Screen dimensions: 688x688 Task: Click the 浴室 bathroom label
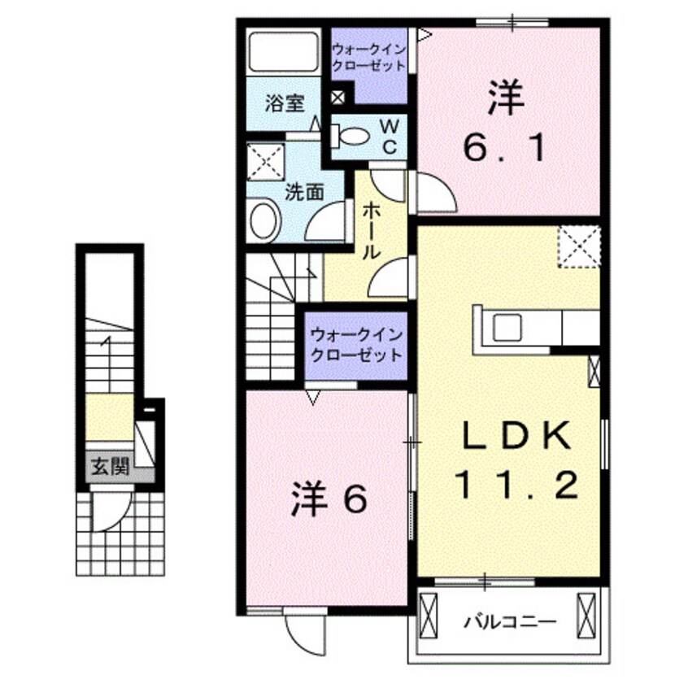coord(285,103)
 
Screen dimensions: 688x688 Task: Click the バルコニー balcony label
coord(510,624)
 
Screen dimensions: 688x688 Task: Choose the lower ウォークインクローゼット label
coord(355,345)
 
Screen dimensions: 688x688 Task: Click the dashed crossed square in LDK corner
coord(579,246)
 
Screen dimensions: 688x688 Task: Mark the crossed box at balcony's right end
coord(586,618)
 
